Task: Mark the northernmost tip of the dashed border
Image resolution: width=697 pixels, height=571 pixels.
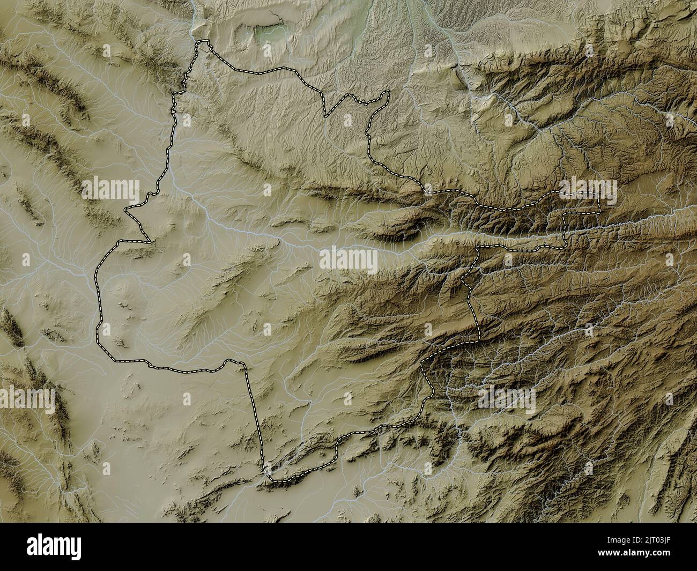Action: coord(203,41)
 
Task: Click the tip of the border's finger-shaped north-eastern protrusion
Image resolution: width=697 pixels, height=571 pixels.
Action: coord(387,92)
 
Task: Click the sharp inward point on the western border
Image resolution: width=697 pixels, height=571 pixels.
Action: coord(146,240)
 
